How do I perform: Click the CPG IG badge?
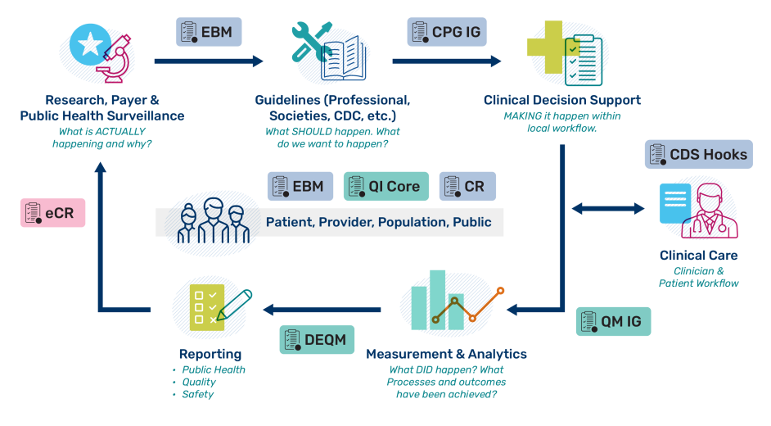(x=448, y=32)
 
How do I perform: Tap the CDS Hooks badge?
(x=698, y=154)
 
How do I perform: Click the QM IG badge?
(x=613, y=322)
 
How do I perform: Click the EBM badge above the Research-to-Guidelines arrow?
(x=210, y=32)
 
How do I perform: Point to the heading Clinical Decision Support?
(x=561, y=100)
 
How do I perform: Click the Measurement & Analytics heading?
(x=446, y=354)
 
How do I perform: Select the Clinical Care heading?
(x=698, y=256)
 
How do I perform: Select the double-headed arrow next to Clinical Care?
(x=607, y=209)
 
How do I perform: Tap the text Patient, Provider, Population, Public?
(x=378, y=222)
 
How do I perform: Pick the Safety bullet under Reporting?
(x=199, y=394)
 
